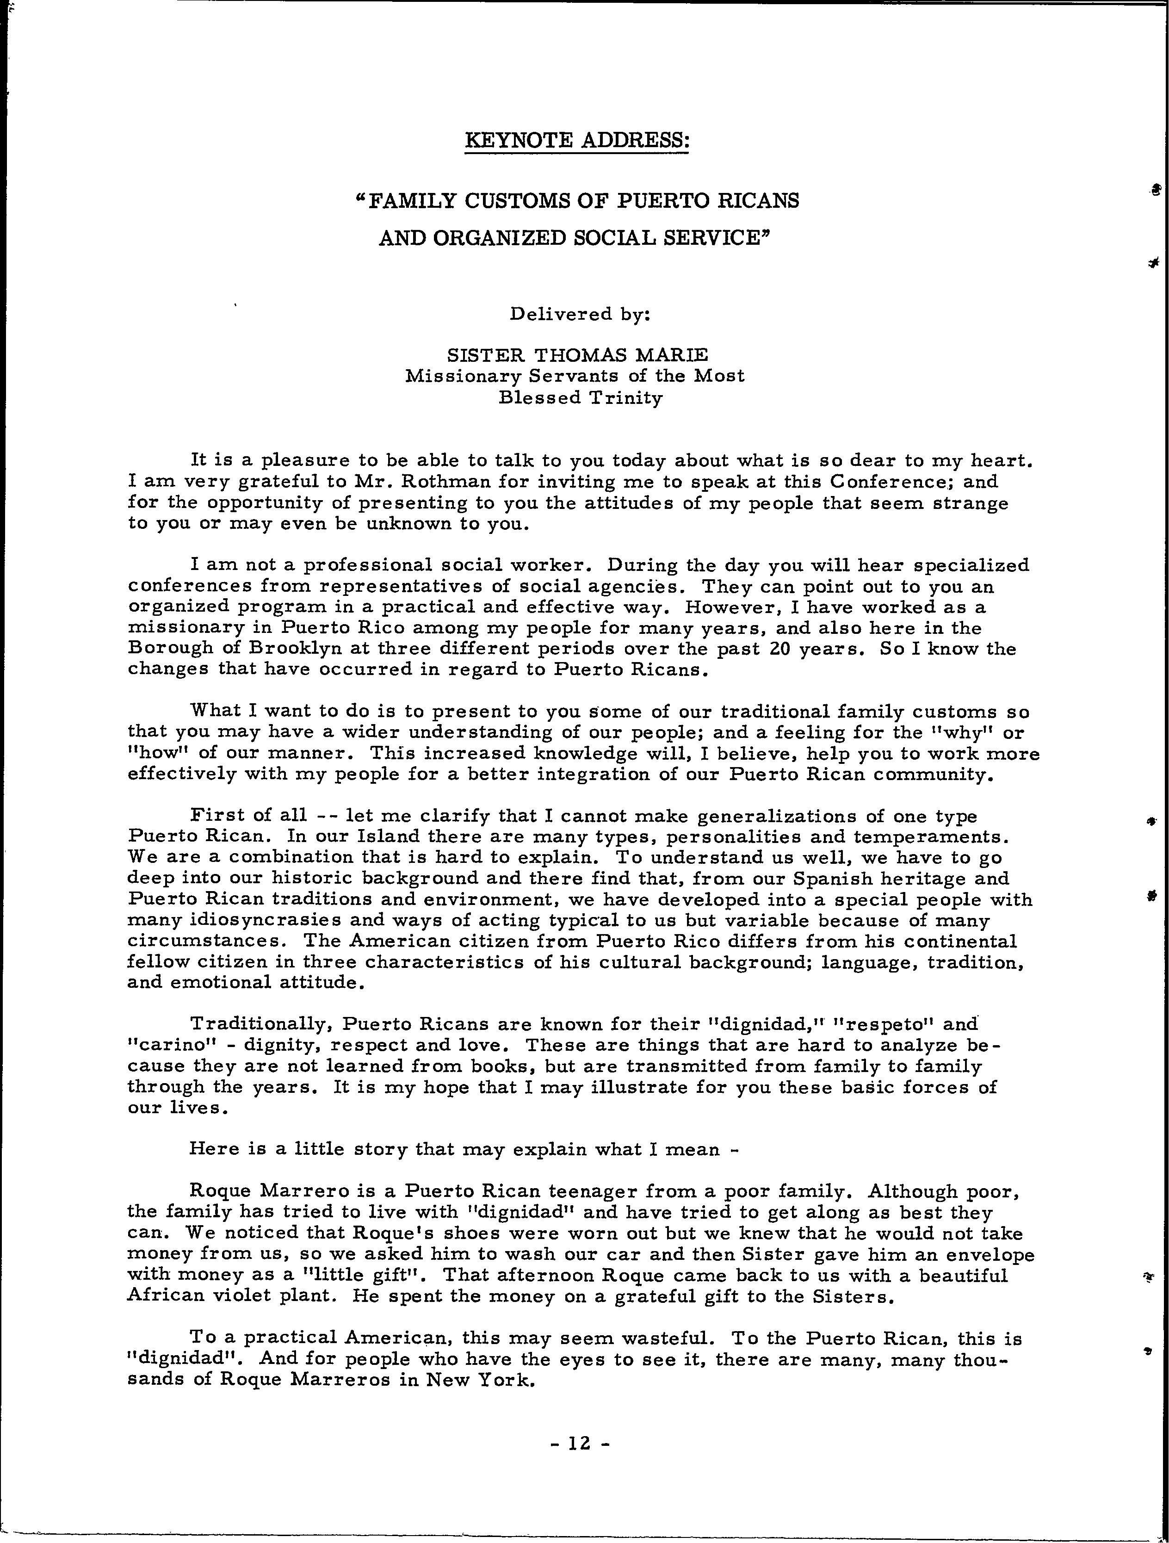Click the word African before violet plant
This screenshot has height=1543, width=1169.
click(168, 1297)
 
